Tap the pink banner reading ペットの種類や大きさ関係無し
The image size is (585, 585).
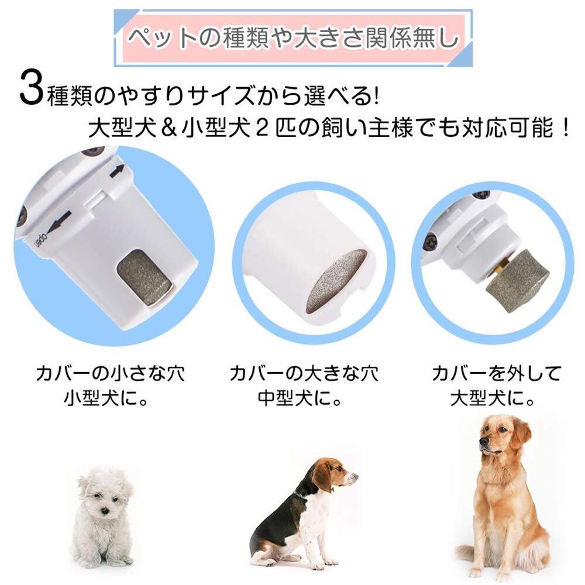[294, 38]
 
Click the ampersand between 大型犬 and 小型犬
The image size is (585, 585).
[170, 128]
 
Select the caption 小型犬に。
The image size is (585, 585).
[106, 399]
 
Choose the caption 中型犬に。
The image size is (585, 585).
[300, 399]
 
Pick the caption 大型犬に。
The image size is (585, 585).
[493, 399]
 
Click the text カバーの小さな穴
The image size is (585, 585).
[110, 373]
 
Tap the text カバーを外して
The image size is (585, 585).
[497, 373]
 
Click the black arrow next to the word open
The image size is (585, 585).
[60, 221]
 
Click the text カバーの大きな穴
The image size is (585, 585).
[304, 373]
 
